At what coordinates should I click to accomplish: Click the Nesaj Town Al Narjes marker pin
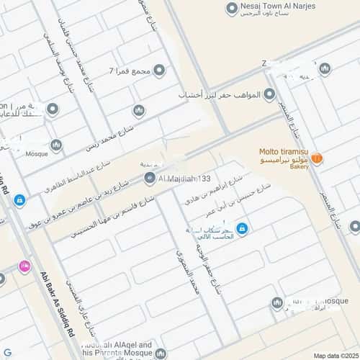click(232, 9)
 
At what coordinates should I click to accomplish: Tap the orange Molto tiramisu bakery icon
click(316, 158)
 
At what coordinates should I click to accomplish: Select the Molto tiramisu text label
click(284, 151)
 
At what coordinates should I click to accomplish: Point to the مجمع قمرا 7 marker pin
click(159, 70)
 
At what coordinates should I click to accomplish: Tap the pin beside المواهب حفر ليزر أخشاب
click(270, 94)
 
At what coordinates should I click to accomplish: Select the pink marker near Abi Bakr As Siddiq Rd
click(26, 266)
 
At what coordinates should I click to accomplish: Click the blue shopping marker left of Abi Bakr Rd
click(19, 199)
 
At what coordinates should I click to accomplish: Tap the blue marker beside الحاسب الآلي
click(242, 228)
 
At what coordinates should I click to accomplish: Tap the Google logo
click(8, 353)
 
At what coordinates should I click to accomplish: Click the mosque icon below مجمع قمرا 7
click(138, 110)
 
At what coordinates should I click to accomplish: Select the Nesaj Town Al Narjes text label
click(277, 6)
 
